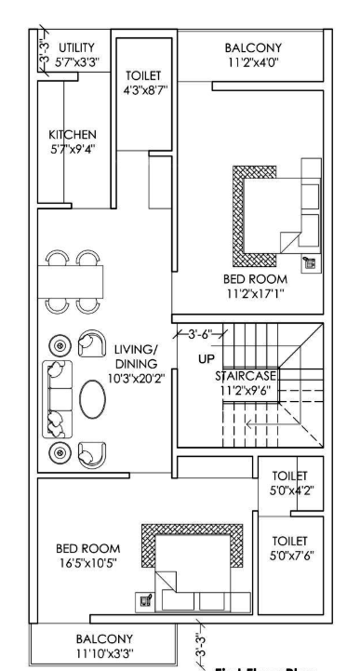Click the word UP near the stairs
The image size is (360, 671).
(x=206, y=357)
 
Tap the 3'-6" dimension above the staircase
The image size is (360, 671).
(x=195, y=332)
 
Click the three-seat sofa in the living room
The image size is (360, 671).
(x=57, y=398)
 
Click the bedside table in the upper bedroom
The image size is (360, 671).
(x=309, y=262)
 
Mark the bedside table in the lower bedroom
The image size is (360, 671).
(x=145, y=600)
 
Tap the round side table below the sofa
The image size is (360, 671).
(x=58, y=452)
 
